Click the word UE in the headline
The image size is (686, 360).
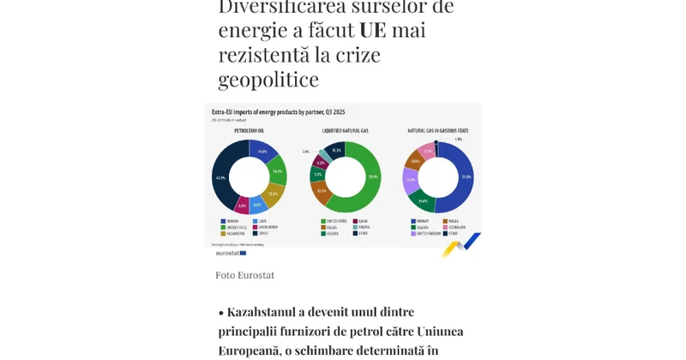[x=372, y=29]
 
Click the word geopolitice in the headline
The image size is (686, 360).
[x=268, y=79]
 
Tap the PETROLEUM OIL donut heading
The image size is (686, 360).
[x=249, y=130]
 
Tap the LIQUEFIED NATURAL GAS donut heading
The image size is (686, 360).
[x=345, y=130]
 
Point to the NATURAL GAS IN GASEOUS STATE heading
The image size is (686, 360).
[x=437, y=130]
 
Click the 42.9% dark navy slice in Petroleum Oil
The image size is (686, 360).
[x=221, y=177]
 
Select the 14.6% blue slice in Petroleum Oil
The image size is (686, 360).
[x=262, y=152]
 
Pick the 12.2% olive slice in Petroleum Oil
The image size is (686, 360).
[x=273, y=194]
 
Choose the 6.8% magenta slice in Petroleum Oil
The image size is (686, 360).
[x=242, y=206]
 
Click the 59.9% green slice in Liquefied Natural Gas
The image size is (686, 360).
[x=372, y=177]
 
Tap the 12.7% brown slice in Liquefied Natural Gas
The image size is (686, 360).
[x=322, y=191]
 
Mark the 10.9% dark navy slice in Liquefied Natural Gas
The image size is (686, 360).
[x=336, y=150]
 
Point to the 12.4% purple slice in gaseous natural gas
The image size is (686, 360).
[x=410, y=180]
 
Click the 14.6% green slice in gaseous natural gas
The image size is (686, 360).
[x=423, y=201]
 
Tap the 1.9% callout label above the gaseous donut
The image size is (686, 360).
[x=458, y=139]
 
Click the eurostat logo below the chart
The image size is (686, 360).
[x=230, y=253]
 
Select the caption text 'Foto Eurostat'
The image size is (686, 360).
[x=245, y=275]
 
